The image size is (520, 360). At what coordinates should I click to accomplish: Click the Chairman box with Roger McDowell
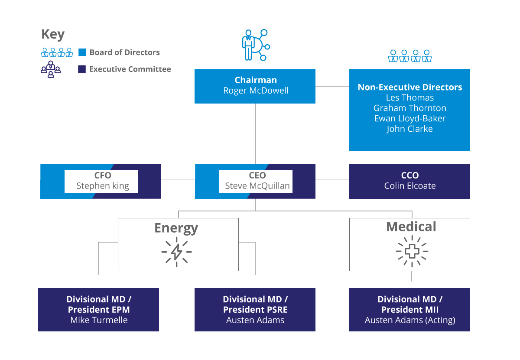pyautogui.click(x=255, y=86)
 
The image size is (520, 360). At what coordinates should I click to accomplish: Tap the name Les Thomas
pyautogui.click(x=410, y=98)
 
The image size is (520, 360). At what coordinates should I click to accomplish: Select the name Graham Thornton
pyautogui.click(x=410, y=108)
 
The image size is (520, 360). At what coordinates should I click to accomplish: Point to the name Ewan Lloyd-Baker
pyautogui.click(x=410, y=119)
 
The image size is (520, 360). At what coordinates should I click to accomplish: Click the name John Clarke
pyautogui.click(x=410, y=129)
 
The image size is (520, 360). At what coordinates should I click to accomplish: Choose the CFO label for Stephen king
pyautogui.click(x=103, y=175)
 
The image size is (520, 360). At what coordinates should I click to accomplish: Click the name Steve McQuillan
pyautogui.click(x=257, y=186)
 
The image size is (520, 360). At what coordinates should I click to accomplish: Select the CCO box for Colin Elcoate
pyautogui.click(x=410, y=182)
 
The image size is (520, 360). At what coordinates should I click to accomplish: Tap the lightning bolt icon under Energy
pyautogui.click(x=177, y=252)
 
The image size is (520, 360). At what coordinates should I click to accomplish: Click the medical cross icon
pyautogui.click(x=412, y=251)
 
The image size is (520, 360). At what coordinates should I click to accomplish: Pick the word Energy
pyautogui.click(x=176, y=229)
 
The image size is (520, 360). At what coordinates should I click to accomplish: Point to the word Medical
pyautogui.click(x=411, y=227)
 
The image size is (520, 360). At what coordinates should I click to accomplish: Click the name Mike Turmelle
pyautogui.click(x=99, y=320)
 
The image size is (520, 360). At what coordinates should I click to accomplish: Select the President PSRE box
pyautogui.click(x=255, y=310)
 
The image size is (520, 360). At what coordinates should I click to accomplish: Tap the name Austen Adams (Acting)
pyautogui.click(x=410, y=320)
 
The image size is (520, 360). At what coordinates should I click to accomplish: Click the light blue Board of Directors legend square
pyautogui.click(x=82, y=52)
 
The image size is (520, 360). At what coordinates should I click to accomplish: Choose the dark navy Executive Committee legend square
pyautogui.click(x=82, y=69)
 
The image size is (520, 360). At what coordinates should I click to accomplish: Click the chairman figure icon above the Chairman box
pyautogui.click(x=255, y=45)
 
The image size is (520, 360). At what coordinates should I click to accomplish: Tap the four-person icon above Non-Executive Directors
pyautogui.click(x=410, y=56)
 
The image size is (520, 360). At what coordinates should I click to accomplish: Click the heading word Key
pyautogui.click(x=53, y=35)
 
